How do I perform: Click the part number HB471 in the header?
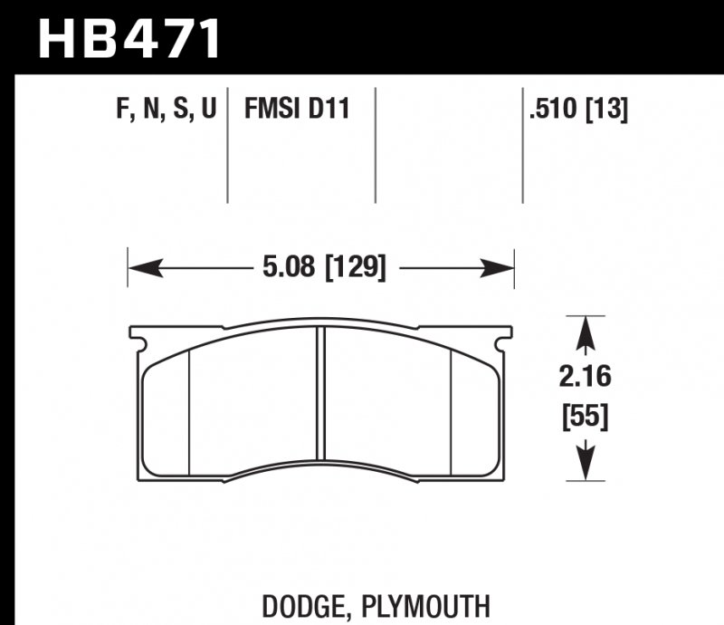click(x=129, y=38)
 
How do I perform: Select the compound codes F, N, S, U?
click(x=167, y=111)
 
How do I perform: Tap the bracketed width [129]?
click(x=356, y=269)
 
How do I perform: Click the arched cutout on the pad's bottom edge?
click(x=320, y=461)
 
